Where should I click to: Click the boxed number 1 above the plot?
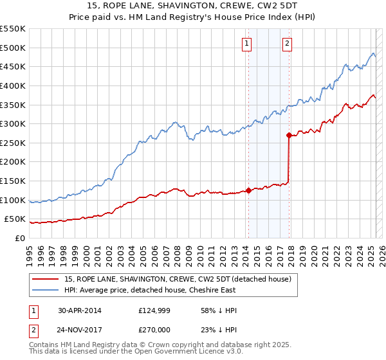click(247, 44)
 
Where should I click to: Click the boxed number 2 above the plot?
click(287, 44)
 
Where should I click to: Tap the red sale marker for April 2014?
click(248, 190)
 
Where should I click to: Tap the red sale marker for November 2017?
click(289, 135)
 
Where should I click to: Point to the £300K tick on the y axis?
click(14, 123)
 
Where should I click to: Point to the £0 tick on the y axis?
click(21, 238)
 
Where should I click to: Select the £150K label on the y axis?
click(14, 181)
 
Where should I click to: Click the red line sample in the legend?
click(47, 279)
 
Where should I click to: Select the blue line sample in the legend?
click(47, 291)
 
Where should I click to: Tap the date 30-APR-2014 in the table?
click(79, 310)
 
